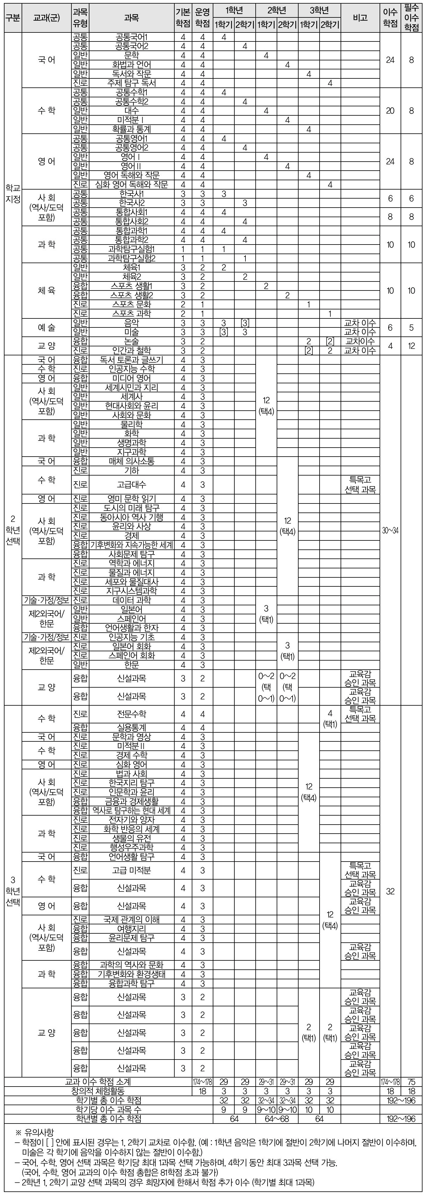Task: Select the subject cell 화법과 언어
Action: (132, 65)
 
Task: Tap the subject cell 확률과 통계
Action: (132, 129)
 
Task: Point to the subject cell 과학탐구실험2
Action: (132, 258)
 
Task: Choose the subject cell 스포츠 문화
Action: (132, 304)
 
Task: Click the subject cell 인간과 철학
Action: (132, 350)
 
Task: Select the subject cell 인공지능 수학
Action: (132, 369)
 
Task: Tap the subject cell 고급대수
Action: (132, 484)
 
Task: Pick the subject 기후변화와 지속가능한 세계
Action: (132, 545)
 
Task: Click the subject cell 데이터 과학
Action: (132, 600)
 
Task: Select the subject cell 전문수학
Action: (132, 714)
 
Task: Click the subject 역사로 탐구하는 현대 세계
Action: (132, 810)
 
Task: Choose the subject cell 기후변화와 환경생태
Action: (132, 974)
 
